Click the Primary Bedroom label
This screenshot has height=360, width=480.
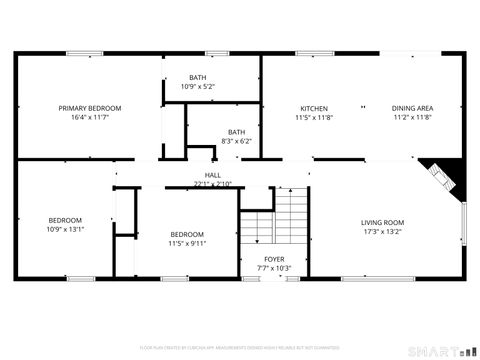pos(90,108)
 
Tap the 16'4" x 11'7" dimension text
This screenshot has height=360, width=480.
pos(90,117)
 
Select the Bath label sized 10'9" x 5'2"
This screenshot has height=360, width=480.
pos(198,77)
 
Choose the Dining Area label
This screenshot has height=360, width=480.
pos(411,108)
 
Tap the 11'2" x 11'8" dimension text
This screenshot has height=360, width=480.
pos(411,117)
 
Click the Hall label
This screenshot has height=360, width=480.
pos(212,175)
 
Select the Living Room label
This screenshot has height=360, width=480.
pos(382,223)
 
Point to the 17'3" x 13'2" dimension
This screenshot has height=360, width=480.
pos(382,232)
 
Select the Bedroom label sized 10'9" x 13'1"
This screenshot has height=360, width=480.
pos(65,220)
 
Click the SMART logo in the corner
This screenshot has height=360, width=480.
pos(440,350)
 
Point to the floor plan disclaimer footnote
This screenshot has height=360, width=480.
pos(240,348)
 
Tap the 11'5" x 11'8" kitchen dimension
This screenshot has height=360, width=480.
pos(314,117)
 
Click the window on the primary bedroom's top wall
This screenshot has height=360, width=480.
pos(81,53)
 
